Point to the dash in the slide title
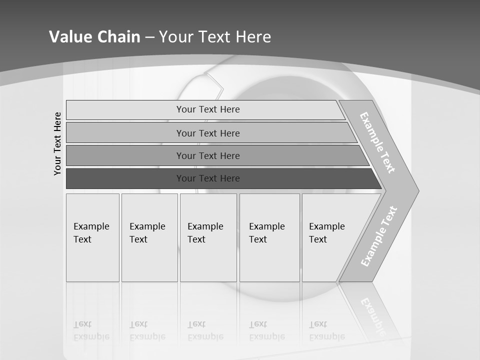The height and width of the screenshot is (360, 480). pyautogui.click(x=149, y=37)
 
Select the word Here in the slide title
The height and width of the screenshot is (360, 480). pyautogui.click(x=253, y=37)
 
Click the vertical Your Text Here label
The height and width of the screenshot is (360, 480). pyautogui.click(x=57, y=143)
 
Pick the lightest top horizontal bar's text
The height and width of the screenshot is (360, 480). pyautogui.click(x=208, y=109)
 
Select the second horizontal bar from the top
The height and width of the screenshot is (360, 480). pyautogui.click(x=208, y=133)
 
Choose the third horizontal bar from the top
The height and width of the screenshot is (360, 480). pyautogui.click(x=208, y=155)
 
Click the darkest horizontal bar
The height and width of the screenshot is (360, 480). pyautogui.click(x=208, y=178)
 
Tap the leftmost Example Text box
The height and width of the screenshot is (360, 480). pyautogui.click(x=92, y=237)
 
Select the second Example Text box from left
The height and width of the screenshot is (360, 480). pyautogui.click(x=149, y=237)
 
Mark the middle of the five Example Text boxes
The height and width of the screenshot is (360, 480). pyautogui.click(x=208, y=237)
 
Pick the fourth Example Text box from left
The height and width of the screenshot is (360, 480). pyautogui.click(x=269, y=237)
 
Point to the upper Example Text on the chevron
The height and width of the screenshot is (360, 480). pyautogui.click(x=377, y=142)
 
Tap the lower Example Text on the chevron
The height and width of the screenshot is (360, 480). pyautogui.click(x=379, y=236)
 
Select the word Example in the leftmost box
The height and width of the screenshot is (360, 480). pyautogui.click(x=91, y=226)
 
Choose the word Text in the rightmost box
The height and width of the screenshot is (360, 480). pyautogui.click(x=318, y=239)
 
